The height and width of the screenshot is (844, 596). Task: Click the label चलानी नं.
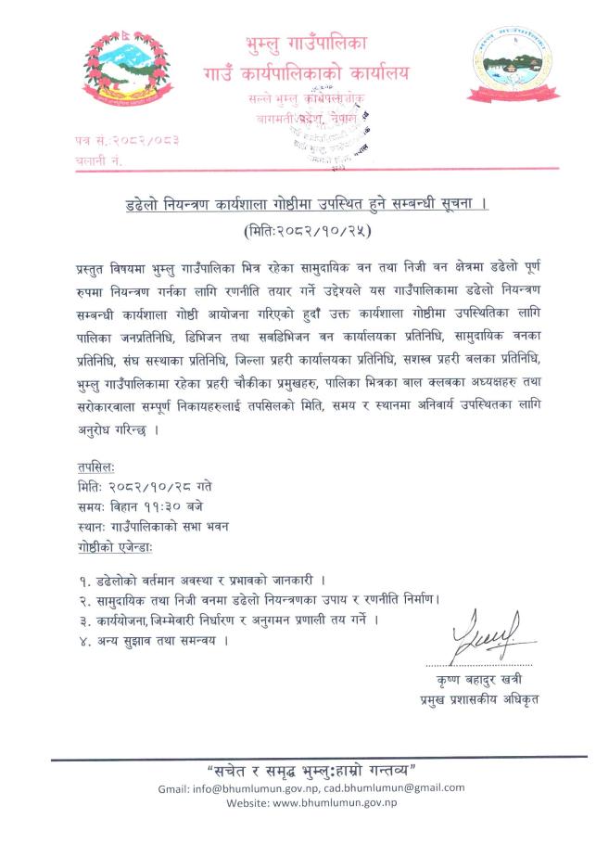(98, 160)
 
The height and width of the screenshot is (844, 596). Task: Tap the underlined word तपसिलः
(96, 467)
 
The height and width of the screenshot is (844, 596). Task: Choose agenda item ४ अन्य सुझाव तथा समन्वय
(153, 640)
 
